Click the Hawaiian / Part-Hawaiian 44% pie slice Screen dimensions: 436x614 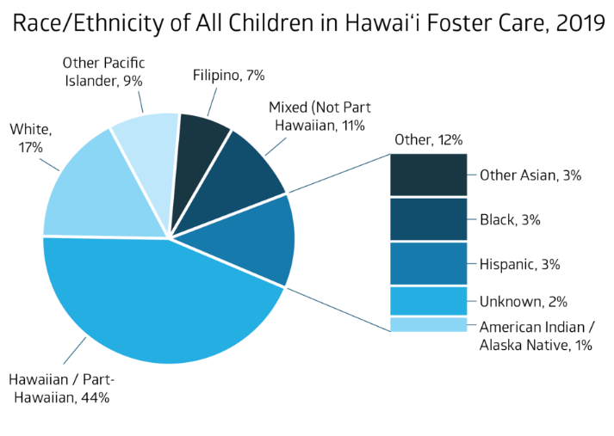(164, 301)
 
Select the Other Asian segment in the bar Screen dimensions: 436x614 (428, 175)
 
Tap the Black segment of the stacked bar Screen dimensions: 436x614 (428, 219)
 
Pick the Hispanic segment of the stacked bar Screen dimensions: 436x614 (428, 263)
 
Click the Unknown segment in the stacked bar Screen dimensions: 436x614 (428, 301)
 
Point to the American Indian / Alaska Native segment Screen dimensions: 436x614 (428, 324)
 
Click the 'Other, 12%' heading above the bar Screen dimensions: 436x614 (429, 139)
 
